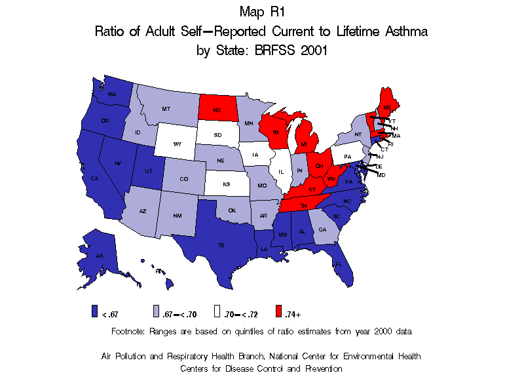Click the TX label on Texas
(x=221, y=245)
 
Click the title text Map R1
(x=262, y=11)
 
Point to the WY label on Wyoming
(x=178, y=144)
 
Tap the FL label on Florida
(x=339, y=264)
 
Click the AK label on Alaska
(x=100, y=255)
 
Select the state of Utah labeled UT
(x=147, y=169)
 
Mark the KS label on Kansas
(x=226, y=184)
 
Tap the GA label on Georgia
(x=322, y=229)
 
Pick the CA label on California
(x=94, y=178)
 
